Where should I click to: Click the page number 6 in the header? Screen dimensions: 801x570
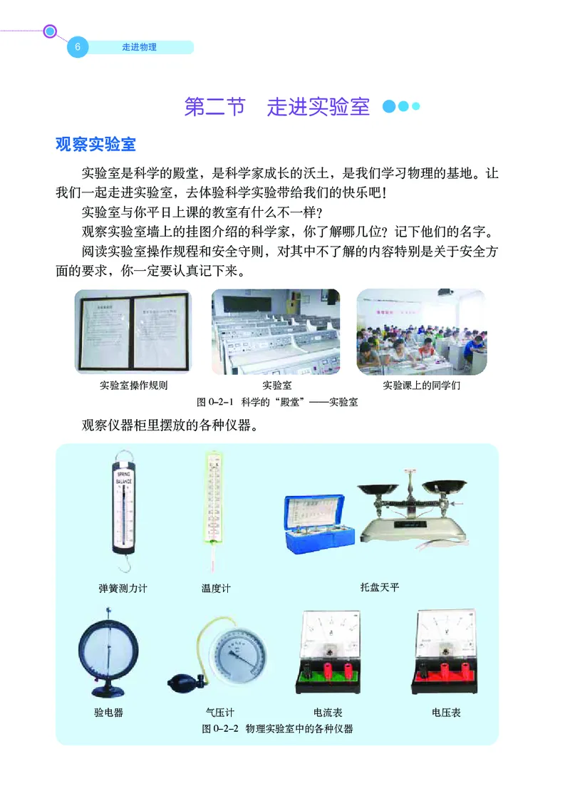pyautogui.click(x=77, y=48)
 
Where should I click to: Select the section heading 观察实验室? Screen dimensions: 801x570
pyautogui.click(x=95, y=144)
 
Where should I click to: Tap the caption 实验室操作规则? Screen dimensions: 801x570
pyautogui.click(x=133, y=386)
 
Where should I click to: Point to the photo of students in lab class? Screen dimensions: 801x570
pyautogui.click(x=421, y=331)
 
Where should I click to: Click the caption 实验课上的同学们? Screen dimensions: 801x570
pyautogui.click(x=422, y=386)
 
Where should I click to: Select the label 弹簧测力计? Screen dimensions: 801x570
pyautogui.click(x=123, y=589)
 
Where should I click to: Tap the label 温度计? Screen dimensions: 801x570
pyautogui.click(x=216, y=589)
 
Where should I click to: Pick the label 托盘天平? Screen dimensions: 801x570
pyautogui.click(x=380, y=588)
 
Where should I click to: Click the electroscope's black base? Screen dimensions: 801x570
pyautogui.click(x=107, y=689)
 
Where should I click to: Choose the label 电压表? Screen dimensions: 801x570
pyautogui.click(x=446, y=712)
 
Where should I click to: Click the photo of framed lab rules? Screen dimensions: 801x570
pyautogui.click(x=133, y=332)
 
